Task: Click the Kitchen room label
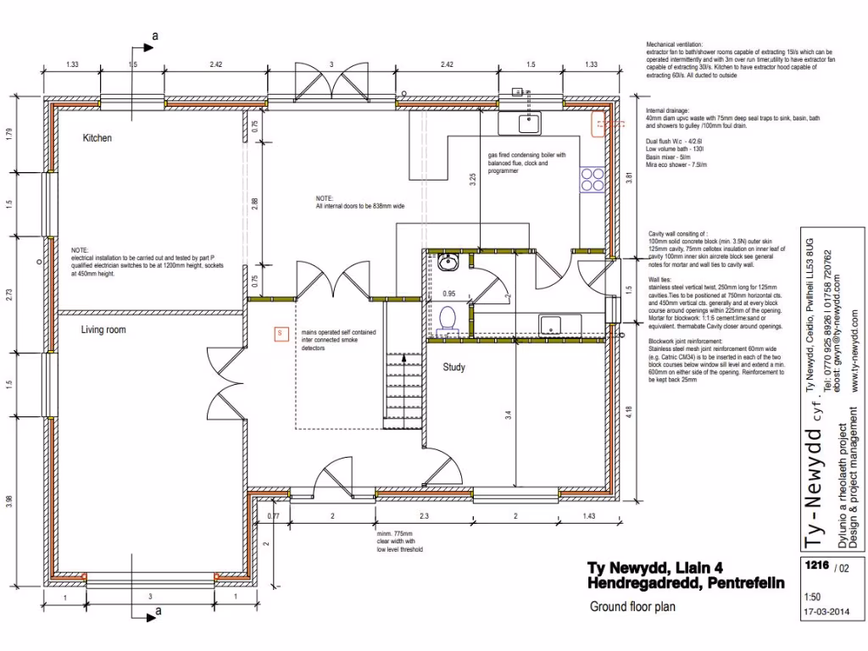click(97, 137)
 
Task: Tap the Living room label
click(103, 330)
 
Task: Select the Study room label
click(455, 367)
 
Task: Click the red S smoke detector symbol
click(278, 333)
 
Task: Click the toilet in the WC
click(448, 319)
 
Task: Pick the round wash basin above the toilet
click(450, 263)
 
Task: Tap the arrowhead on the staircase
click(406, 358)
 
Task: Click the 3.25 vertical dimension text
click(473, 180)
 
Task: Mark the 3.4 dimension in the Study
click(507, 415)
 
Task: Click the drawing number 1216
click(815, 567)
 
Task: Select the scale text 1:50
click(811, 596)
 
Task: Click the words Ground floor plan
click(632, 606)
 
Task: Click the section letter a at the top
click(154, 35)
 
